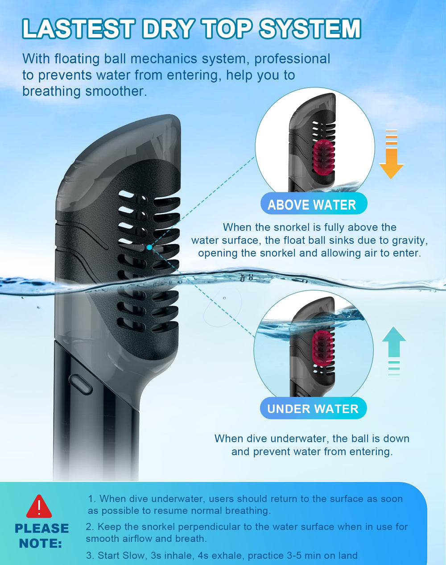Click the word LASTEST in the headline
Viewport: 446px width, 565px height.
tap(78, 29)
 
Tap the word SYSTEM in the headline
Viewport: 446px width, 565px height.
tap(310, 29)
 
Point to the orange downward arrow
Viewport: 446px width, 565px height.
tap(392, 154)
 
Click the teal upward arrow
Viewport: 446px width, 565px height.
tap(394, 352)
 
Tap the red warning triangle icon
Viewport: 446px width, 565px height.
tap(39, 506)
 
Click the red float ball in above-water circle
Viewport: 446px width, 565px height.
tap(324, 155)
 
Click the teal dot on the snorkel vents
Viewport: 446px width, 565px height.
tap(149, 247)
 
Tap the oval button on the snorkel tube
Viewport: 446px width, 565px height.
tap(81, 384)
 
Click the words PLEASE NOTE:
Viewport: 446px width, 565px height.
tap(41, 536)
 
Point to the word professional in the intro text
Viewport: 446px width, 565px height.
tap(292, 59)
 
